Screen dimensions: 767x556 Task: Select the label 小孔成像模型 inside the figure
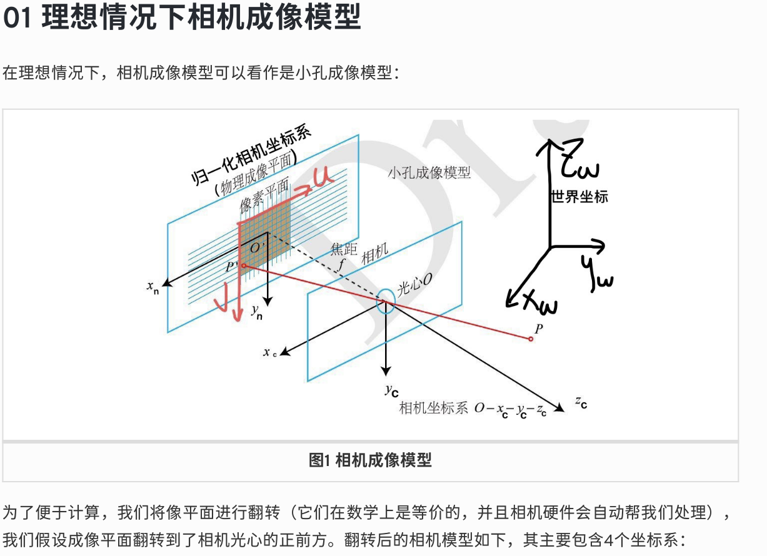coord(429,173)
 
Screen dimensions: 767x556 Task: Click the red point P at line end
coord(531,339)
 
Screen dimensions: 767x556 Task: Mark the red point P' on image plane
coord(243,266)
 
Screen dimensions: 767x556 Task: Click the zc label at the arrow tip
coord(581,402)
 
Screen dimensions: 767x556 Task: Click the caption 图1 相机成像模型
coord(370,461)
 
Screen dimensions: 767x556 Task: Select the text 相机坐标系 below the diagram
coord(433,409)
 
